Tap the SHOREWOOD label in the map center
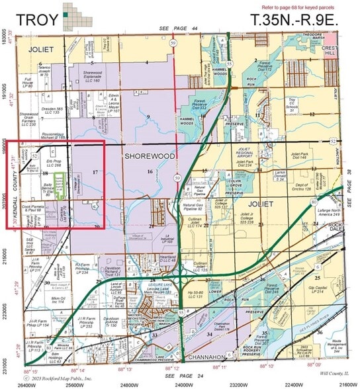coord(146,156)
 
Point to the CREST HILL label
coord(331,55)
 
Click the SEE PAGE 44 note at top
coord(179,30)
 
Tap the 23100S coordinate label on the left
coord(5,359)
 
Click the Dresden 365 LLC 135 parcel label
coord(50,112)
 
